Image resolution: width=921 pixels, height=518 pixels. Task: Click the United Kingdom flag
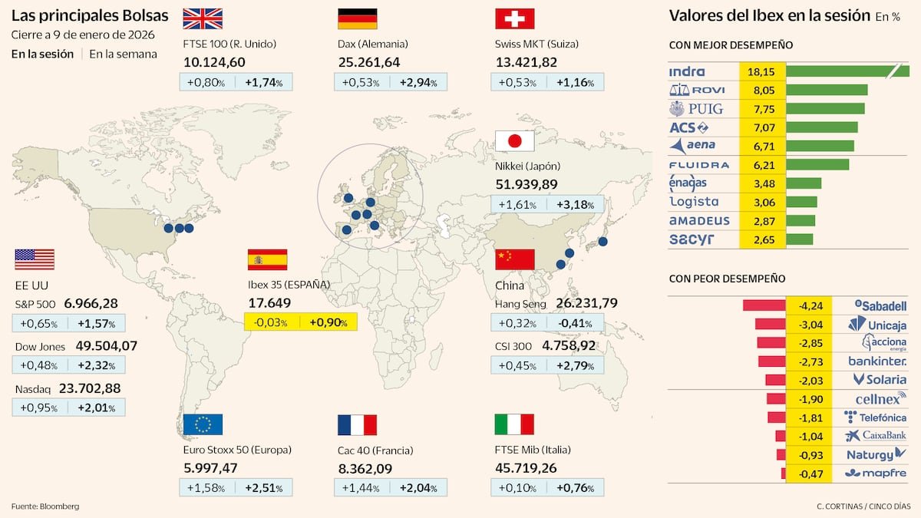(x=203, y=18)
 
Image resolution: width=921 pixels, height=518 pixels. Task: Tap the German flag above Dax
(x=357, y=18)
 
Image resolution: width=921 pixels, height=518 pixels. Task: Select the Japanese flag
(x=515, y=140)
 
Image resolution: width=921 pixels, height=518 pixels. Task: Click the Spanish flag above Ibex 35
(x=267, y=259)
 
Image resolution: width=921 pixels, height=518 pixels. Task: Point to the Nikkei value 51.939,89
(x=527, y=184)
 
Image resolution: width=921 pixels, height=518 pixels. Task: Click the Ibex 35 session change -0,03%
(x=271, y=322)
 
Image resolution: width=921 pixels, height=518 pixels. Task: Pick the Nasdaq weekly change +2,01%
(x=97, y=407)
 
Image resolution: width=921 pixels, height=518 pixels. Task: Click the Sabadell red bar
(x=764, y=305)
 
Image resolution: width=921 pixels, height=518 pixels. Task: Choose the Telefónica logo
(x=876, y=417)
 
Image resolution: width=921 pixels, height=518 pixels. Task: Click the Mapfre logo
(x=876, y=473)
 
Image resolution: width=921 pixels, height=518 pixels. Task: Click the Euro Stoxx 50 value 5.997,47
(x=211, y=467)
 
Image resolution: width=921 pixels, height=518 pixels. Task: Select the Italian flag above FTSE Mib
(x=515, y=424)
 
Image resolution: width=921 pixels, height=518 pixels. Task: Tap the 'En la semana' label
(x=123, y=54)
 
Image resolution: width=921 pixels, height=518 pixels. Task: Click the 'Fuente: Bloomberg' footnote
(x=45, y=506)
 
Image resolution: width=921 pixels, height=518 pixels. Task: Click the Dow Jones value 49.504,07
(x=107, y=346)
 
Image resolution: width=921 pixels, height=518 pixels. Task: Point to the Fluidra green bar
(x=818, y=164)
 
